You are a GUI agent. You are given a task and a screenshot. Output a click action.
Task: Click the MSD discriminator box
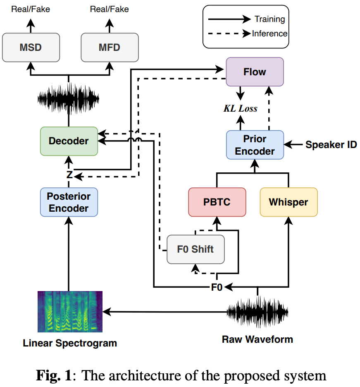(x=31, y=47)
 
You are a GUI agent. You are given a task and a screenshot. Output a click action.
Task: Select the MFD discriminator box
(x=110, y=47)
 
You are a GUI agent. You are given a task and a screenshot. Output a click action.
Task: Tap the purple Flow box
(x=255, y=72)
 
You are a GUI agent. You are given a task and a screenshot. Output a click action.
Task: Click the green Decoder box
(x=69, y=141)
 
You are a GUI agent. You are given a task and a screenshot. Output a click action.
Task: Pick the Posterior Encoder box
(x=69, y=202)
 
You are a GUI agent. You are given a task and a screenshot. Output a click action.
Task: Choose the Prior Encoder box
(x=255, y=145)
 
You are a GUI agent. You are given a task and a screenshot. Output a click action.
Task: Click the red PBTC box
(x=217, y=202)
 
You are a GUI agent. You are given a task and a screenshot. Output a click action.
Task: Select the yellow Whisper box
(x=288, y=202)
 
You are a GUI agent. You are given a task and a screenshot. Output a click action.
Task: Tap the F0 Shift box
(x=195, y=249)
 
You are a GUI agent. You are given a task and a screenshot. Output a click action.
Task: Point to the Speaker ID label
(x=331, y=145)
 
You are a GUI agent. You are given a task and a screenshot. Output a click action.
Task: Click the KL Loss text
(x=241, y=109)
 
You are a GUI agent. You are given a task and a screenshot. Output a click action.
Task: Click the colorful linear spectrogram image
(x=70, y=312)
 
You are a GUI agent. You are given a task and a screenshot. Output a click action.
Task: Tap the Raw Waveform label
(x=257, y=339)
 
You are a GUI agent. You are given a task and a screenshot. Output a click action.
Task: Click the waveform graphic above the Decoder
(x=69, y=98)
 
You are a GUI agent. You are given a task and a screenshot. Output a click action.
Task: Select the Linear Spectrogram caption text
(x=70, y=343)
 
